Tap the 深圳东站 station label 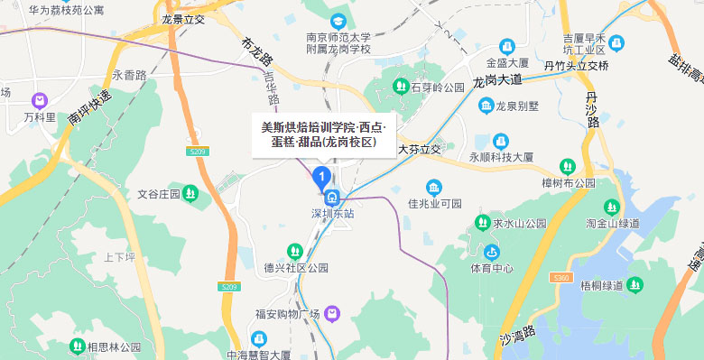coord(332,214)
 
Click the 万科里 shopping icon coord(40,101)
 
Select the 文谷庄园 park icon coord(190,193)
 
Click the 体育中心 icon coord(492,252)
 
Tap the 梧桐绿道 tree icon coord(635,285)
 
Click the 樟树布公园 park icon coord(567,166)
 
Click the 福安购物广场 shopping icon coord(333,313)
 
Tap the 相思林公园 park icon coord(74,346)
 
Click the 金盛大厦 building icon coord(506,46)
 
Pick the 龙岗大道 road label coord(497,81)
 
